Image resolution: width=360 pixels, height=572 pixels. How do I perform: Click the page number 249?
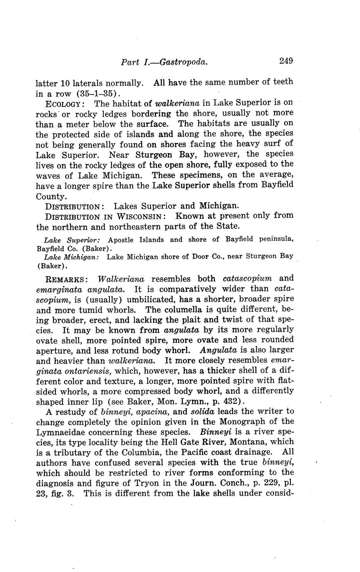coord(286,61)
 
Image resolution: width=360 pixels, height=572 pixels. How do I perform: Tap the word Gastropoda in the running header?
coord(183,62)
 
